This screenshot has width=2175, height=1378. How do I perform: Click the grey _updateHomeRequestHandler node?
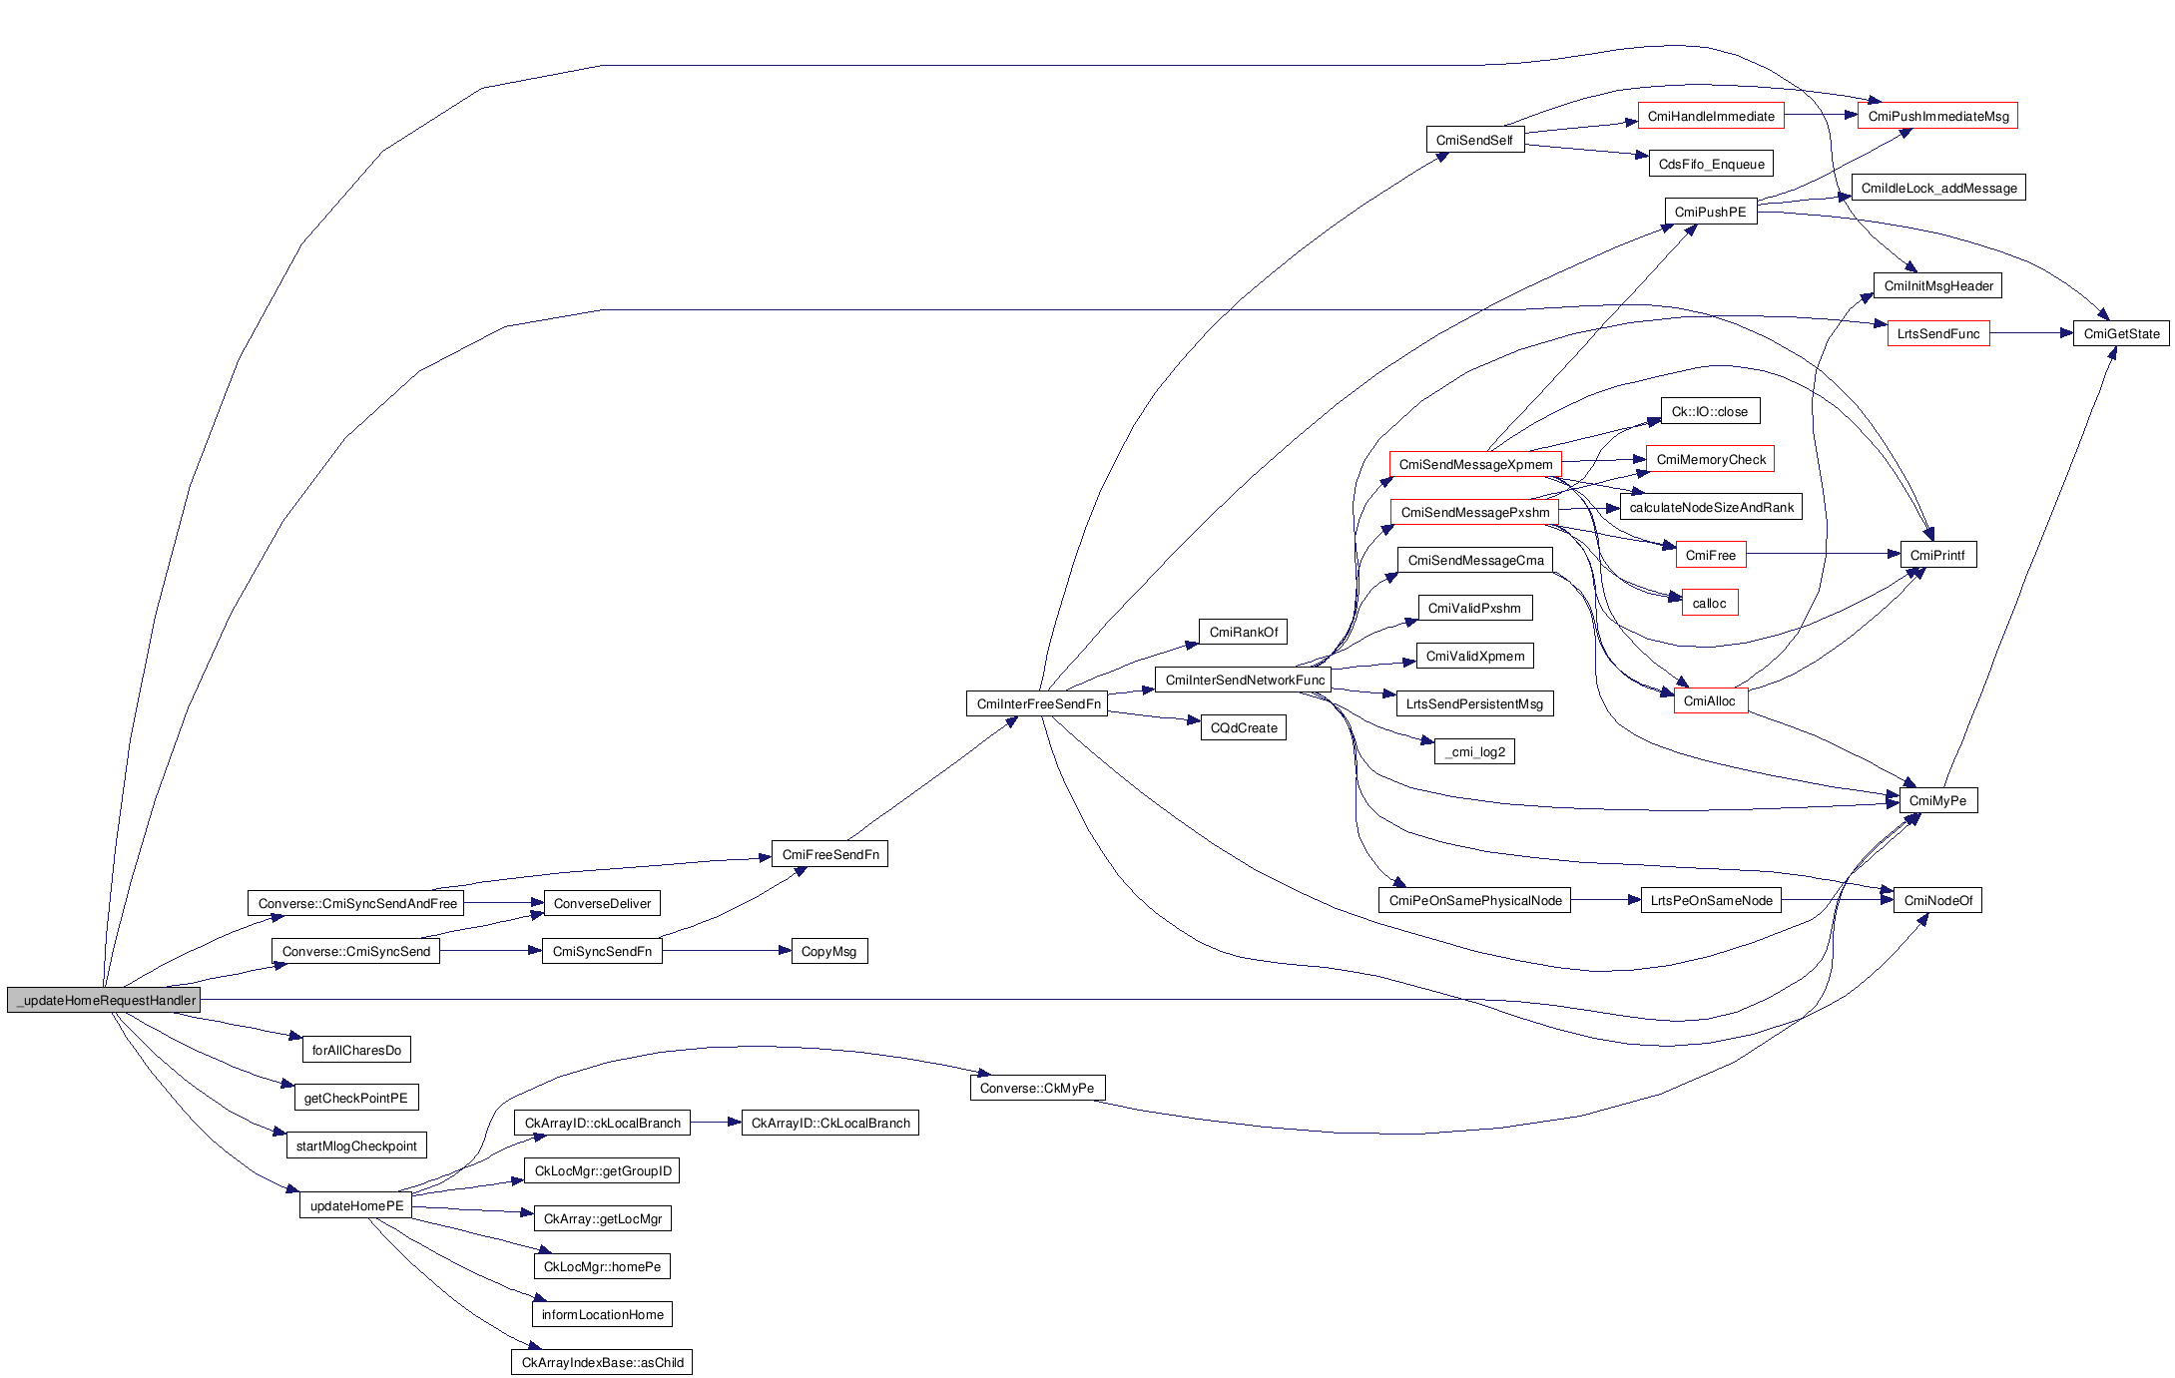tap(104, 1000)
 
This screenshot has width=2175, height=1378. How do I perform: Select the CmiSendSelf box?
tap(1474, 141)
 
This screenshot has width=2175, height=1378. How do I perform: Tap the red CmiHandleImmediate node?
tap(1710, 117)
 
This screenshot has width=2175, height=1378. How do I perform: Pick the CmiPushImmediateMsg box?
tap(1937, 117)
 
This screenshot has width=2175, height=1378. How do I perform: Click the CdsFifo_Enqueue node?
tap(1711, 165)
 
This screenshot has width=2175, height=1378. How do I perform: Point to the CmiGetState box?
tap(2121, 334)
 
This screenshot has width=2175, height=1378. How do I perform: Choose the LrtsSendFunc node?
tap(1937, 334)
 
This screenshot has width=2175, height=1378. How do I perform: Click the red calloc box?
tap(1709, 604)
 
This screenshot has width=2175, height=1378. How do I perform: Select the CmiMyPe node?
tap(1937, 801)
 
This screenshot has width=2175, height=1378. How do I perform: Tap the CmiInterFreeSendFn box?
tap(1038, 704)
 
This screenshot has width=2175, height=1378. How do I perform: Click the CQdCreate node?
tap(1243, 728)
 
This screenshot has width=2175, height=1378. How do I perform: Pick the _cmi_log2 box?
tap(1474, 752)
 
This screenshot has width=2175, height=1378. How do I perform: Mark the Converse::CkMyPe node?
tap(1036, 1089)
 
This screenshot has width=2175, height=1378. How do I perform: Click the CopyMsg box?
tap(828, 952)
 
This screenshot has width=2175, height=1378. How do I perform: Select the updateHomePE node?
tap(356, 1206)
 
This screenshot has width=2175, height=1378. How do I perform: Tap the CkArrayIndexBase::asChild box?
tap(602, 1363)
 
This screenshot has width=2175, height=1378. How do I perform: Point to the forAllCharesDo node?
tap(356, 1051)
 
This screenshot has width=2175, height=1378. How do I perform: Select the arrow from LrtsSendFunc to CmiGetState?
tap(2031, 334)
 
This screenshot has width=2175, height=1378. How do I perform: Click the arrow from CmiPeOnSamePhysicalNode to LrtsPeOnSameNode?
tap(1605, 901)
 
